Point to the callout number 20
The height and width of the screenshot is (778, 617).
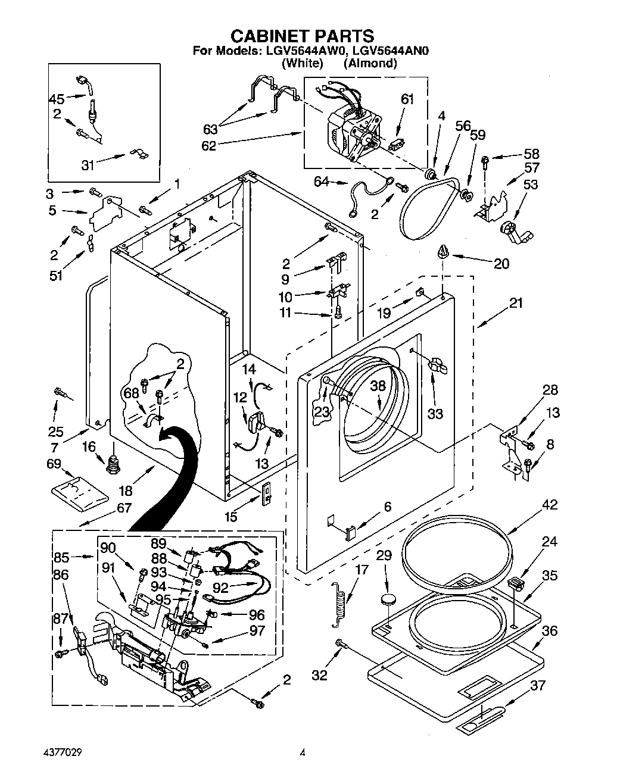point(501,263)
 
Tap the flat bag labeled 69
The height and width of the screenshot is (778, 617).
point(79,490)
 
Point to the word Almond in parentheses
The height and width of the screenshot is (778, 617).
point(370,63)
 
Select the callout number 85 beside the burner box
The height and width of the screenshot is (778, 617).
point(61,558)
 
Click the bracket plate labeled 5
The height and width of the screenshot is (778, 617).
point(107,212)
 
